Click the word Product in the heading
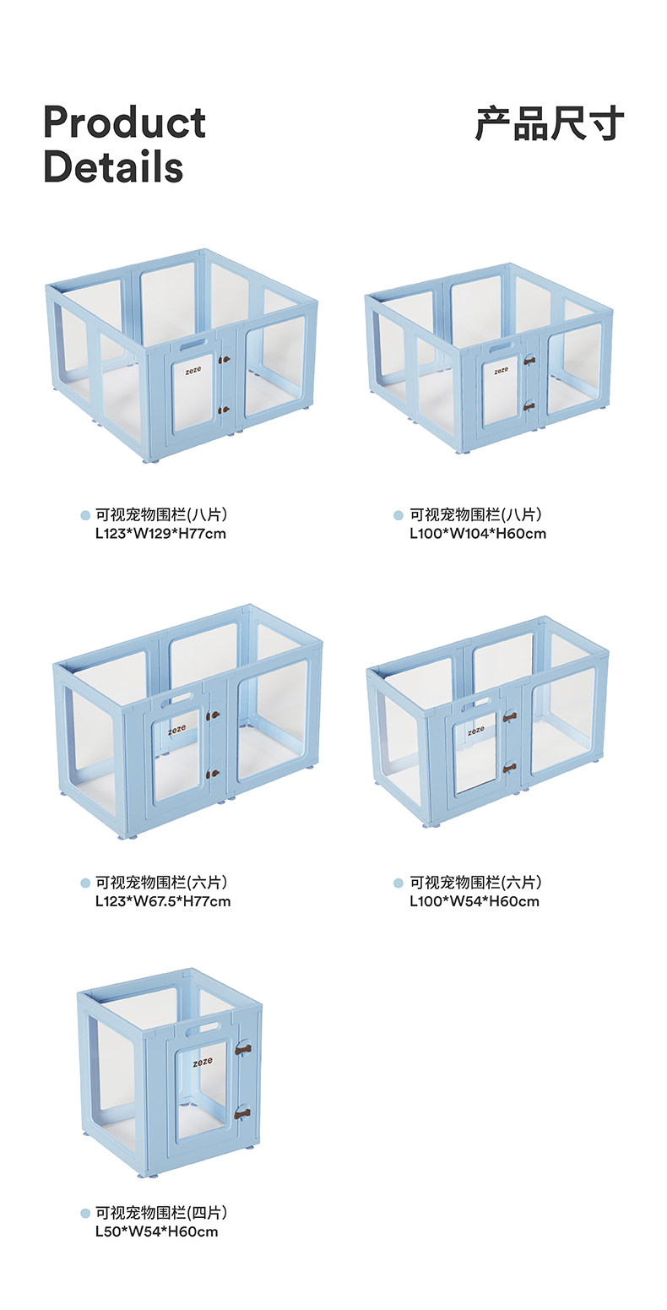point(124,123)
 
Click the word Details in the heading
point(113,166)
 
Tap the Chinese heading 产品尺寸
point(550,123)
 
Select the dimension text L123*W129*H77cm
point(160,533)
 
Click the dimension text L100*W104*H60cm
point(478,533)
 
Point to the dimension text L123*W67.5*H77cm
point(163,901)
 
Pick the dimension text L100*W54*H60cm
point(474,901)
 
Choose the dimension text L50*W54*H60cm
point(156,1231)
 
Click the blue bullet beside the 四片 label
point(85,1214)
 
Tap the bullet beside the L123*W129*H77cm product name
point(85,515)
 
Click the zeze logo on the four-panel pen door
point(203,1063)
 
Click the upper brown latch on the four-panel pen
point(244,1049)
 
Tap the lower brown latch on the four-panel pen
point(243,1113)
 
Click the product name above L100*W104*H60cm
point(475,514)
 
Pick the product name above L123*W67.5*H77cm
point(161,883)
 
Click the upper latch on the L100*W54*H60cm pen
point(509,717)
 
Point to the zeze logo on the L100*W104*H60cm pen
point(502,370)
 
